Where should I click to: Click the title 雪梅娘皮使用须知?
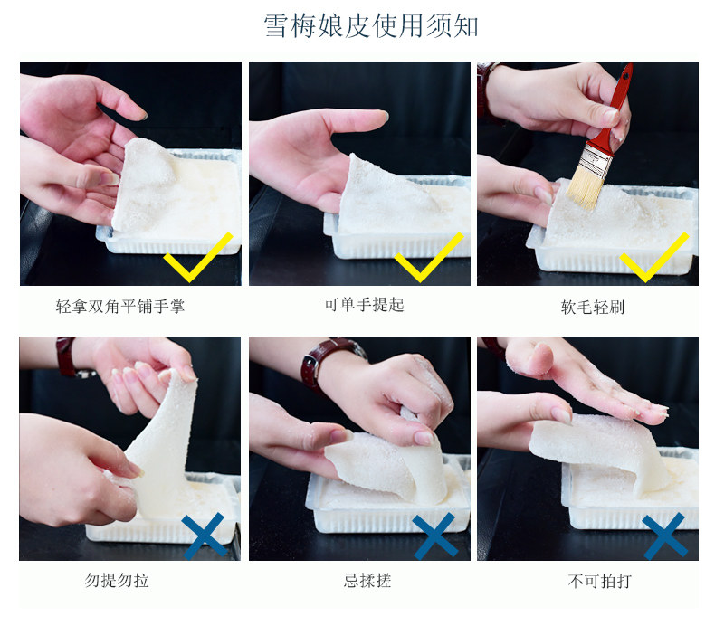371,25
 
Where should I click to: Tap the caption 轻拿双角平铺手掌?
120,306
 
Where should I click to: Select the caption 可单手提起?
364,305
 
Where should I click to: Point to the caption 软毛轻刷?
592,308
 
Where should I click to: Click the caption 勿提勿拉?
117,580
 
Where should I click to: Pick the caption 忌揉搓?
367,581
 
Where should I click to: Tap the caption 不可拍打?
600,581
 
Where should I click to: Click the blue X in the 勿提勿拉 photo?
204,536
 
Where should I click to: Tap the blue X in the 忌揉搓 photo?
435,536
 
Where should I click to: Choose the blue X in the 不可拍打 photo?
665,536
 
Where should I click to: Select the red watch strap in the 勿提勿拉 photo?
65,356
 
